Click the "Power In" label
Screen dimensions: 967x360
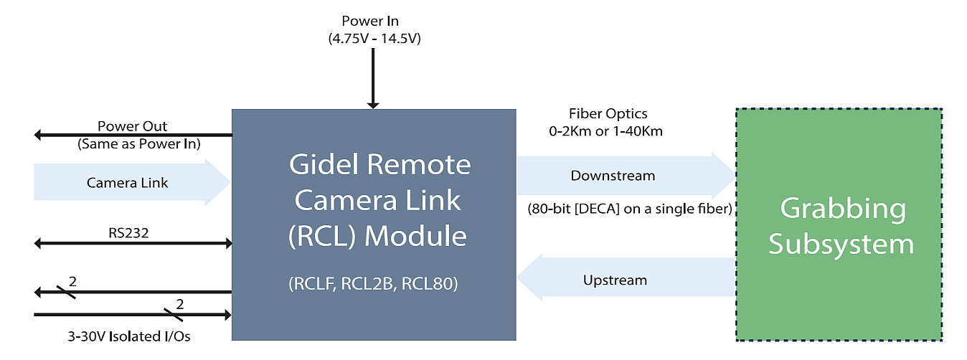click(370, 21)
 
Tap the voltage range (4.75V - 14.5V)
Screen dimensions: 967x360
click(374, 39)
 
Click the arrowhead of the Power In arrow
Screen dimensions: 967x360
click(373, 105)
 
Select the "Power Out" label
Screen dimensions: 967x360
click(132, 126)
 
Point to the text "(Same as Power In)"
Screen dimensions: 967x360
click(139, 143)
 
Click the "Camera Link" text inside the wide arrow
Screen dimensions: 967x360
click(127, 183)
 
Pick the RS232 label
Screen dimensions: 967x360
click(128, 233)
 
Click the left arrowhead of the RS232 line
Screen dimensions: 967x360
click(37, 243)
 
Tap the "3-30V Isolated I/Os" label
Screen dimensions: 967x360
click(128, 336)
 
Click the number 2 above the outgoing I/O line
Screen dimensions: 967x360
click(72, 281)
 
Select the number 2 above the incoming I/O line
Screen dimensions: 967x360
click(179, 304)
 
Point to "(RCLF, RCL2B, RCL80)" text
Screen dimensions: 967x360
click(374, 283)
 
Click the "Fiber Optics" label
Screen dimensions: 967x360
click(608, 113)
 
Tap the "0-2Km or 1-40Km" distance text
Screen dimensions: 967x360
click(605, 131)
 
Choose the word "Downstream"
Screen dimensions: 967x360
click(613, 176)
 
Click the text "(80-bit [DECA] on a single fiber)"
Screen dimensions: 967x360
click(630, 209)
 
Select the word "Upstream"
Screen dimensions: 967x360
click(615, 280)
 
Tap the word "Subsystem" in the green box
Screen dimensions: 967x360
click(841, 245)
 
